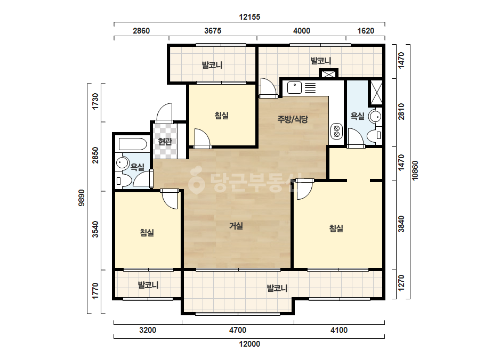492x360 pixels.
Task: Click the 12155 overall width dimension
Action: coord(249,17)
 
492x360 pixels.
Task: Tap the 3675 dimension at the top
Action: coord(213,31)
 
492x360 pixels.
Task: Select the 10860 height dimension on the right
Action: coord(415,170)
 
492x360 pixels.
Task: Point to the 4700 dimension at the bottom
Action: coord(238,330)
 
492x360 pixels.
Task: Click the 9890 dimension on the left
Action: coord(81,198)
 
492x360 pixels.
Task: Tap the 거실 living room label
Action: coord(236,226)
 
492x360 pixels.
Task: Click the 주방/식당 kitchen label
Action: coord(293,119)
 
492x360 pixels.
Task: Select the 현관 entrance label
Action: coord(165,142)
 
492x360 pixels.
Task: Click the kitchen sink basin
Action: coord(294,87)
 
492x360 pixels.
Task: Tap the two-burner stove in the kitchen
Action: coord(337,131)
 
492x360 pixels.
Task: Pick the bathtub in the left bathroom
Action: coord(132,144)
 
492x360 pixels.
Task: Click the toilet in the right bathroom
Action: coord(375,135)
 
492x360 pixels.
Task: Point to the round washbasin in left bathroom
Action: coord(123,163)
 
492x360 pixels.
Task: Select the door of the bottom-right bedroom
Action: coord(304,189)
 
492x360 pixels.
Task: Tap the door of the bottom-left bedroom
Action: coord(170,199)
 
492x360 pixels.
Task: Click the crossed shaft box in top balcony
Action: coord(328,73)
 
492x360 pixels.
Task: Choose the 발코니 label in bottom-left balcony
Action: coord(148,285)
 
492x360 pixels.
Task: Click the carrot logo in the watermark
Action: coord(196,181)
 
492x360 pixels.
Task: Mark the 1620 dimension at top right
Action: coord(366,31)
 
